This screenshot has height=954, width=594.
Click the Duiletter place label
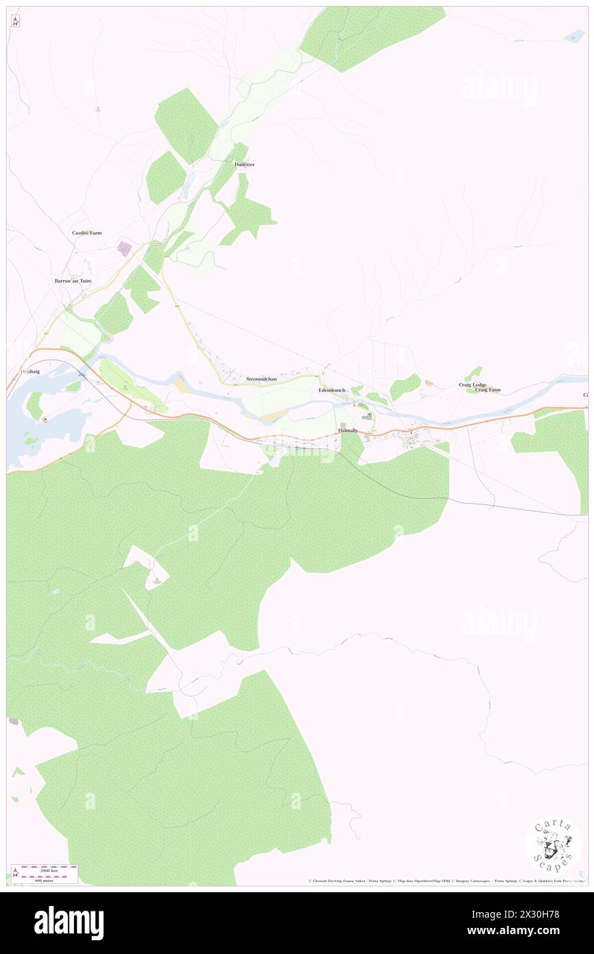244,165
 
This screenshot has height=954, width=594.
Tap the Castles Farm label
87,233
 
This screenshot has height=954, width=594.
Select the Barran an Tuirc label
73,281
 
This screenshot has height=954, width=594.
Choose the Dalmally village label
348,430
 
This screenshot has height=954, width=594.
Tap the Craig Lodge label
473,384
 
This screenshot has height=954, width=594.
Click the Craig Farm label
488,390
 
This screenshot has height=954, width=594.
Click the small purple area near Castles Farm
125,248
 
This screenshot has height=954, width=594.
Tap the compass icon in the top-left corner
15,21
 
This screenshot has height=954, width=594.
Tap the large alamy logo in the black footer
69,922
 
